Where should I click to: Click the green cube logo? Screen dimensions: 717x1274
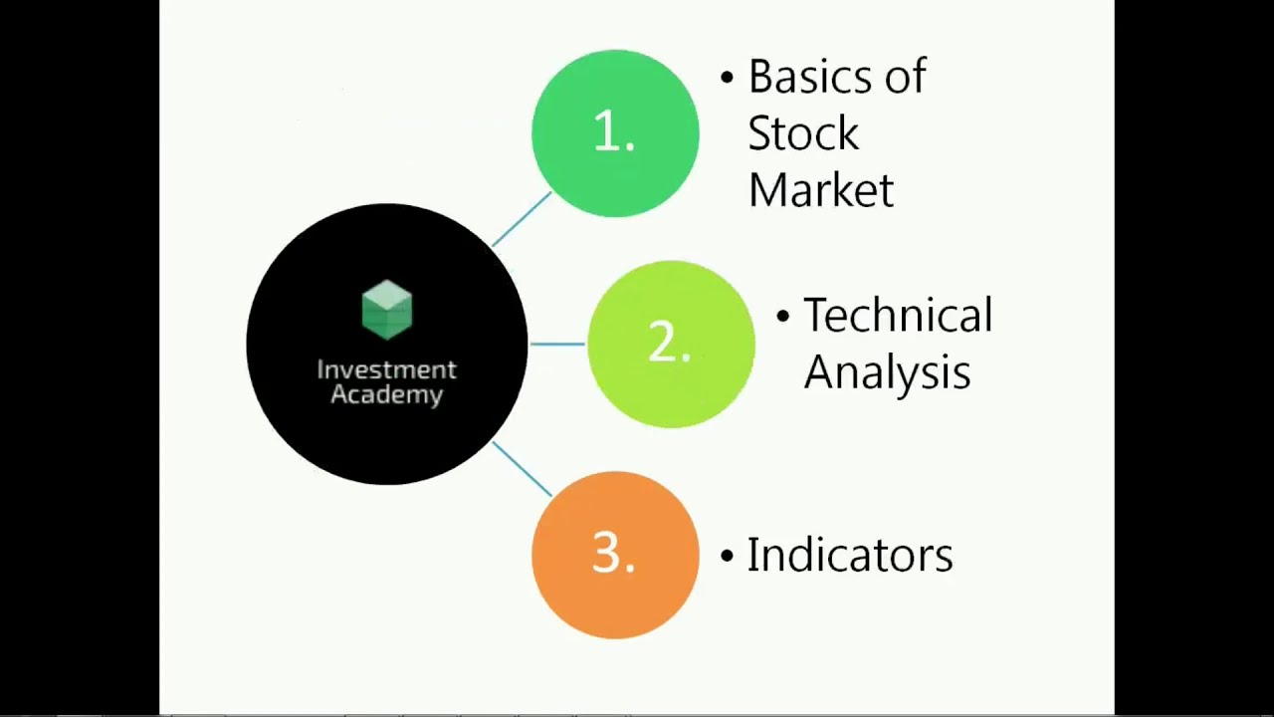tap(387, 310)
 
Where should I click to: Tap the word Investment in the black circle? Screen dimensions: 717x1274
tap(386, 369)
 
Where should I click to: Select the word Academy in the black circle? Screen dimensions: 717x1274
tap(386, 394)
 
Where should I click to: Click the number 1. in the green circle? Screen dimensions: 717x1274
tap(614, 132)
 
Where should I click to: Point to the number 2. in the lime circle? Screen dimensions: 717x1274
tap(669, 344)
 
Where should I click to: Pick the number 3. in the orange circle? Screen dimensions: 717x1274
tap(614, 554)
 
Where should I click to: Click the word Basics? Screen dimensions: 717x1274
tap(810, 78)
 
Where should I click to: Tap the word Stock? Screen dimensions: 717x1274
tap(802, 134)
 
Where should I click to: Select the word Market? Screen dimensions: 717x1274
tap(820, 190)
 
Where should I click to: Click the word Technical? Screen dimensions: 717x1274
tap(898, 316)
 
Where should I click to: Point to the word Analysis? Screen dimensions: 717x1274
tap(887, 372)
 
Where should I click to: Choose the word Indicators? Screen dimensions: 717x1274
tap(850, 555)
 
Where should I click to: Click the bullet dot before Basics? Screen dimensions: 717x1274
tap(727, 78)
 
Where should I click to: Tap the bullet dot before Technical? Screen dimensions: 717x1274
tap(782, 316)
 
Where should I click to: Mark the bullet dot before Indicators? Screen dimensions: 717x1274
tap(727, 555)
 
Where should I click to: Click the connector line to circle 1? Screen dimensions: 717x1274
tap(522, 219)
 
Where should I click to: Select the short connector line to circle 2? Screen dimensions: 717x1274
tap(557, 344)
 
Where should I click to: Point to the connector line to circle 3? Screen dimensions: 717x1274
tap(522, 469)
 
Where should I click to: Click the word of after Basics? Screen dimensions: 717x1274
tap(905, 78)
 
